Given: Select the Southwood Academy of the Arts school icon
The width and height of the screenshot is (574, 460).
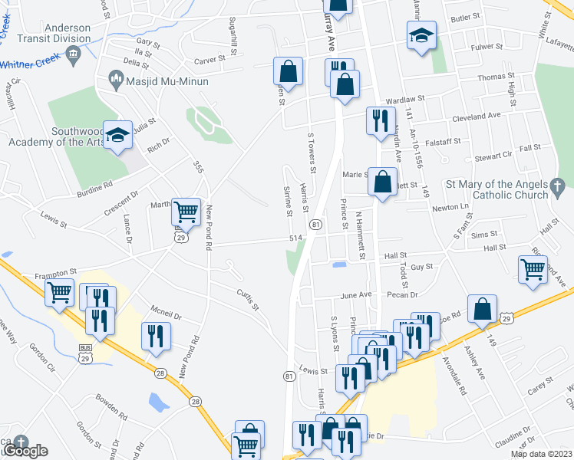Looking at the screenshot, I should tap(117, 135).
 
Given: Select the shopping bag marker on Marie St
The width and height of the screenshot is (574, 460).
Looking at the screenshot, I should tap(382, 182).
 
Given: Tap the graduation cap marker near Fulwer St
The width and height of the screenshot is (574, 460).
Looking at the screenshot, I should tap(421, 35).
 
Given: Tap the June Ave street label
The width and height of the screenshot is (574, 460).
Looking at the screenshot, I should tap(355, 294).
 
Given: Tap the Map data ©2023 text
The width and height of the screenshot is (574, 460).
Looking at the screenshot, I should tap(541, 454).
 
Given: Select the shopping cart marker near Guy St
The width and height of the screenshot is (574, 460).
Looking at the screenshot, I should tap(532, 270).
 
